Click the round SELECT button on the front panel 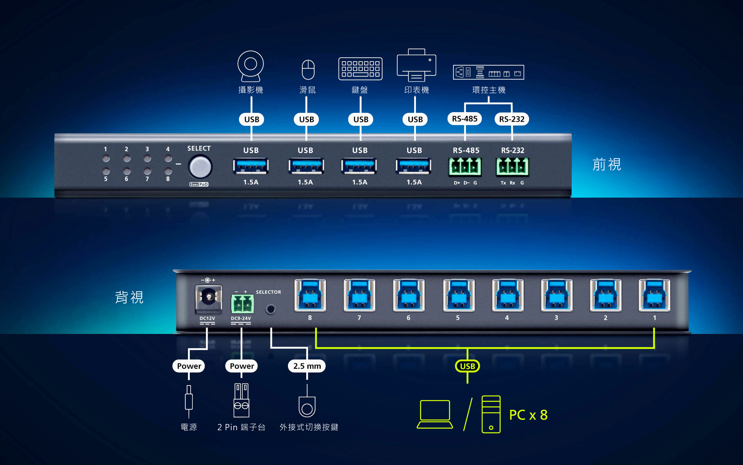200,167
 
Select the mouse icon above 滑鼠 308,70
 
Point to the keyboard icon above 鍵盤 360,69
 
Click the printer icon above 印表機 416,65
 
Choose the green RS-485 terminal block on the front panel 465,167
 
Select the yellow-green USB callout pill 467,366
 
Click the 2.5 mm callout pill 307,366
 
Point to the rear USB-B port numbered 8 310,295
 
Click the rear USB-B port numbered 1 654,295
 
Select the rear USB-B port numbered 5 458,295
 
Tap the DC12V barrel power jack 208,298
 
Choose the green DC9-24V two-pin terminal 242,304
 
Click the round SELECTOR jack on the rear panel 270,309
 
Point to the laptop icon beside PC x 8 435,414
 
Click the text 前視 607,164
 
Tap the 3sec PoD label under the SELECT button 199,184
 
